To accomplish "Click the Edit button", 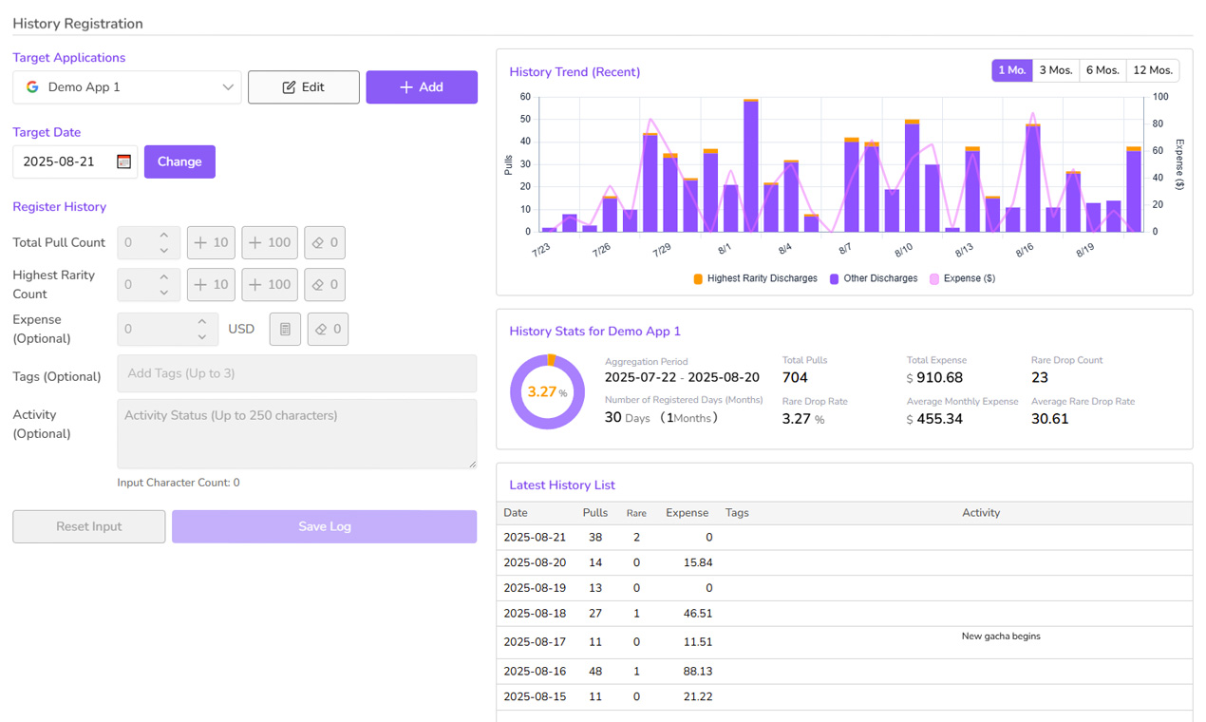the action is click(304, 86).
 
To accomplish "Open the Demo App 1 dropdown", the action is click(127, 86).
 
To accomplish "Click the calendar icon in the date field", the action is click(123, 161).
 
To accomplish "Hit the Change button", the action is click(179, 161).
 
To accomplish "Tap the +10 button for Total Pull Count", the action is click(211, 242).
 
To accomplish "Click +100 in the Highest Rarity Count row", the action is click(270, 284).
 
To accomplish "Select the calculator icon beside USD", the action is click(285, 329).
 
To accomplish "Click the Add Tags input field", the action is click(297, 373).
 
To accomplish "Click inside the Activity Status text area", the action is click(297, 434).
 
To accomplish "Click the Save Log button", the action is click(325, 526).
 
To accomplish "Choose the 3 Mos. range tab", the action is click(1056, 70).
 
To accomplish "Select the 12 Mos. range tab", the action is click(1153, 70).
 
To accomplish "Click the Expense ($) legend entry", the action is click(963, 278).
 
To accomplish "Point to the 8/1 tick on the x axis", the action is click(725, 249).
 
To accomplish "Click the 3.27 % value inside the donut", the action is click(547, 391).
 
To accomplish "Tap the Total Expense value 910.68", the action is click(939, 378).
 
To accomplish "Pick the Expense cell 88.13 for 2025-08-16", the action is click(698, 672).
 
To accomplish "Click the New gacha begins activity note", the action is click(1001, 636).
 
